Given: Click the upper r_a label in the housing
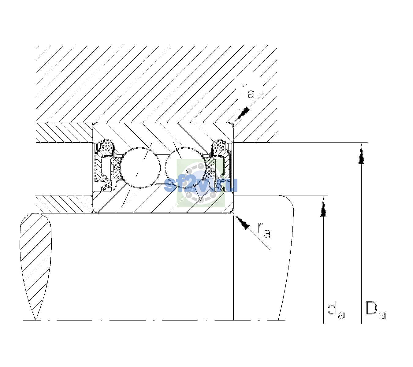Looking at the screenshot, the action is tap(248, 91).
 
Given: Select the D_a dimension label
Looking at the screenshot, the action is tap(375, 310).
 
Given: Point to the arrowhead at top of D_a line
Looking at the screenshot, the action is tap(361, 154).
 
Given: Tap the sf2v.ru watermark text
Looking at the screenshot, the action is tap(201, 185).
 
